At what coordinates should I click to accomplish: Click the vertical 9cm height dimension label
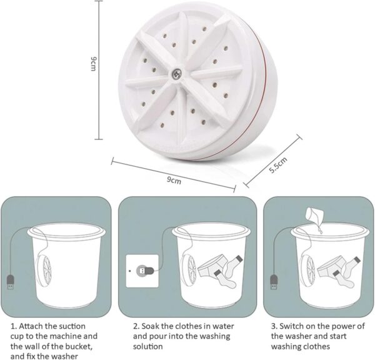click(93, 64)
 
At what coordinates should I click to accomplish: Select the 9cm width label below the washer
click(174, 181)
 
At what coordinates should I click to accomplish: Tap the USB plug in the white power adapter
click(142, 271)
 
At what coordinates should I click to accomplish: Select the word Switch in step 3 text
click(292, 326)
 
